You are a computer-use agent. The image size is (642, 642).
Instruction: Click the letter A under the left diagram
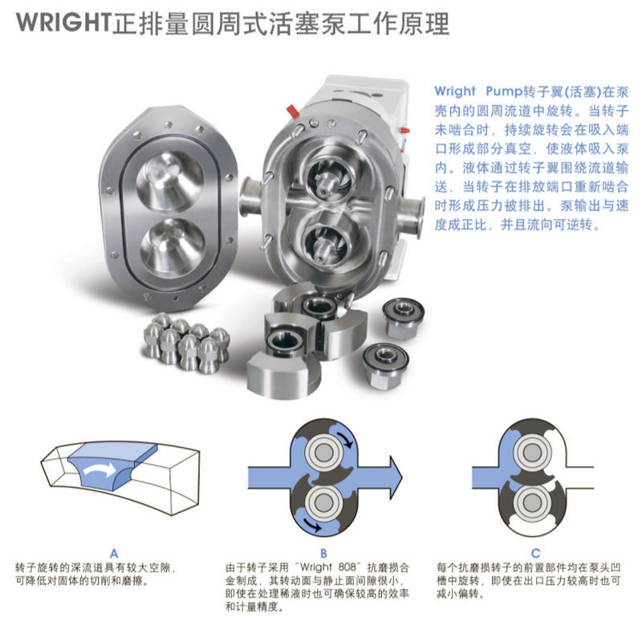pyautogui.click(x=114, y=552)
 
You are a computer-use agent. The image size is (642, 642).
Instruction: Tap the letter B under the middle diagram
pyautogui.click(x=323, y=552)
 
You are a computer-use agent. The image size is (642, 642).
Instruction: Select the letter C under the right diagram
pyautogui.click(x=534, y=552)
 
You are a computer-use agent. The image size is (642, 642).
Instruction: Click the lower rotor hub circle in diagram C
pyautogui.click(x=530, y=503)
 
